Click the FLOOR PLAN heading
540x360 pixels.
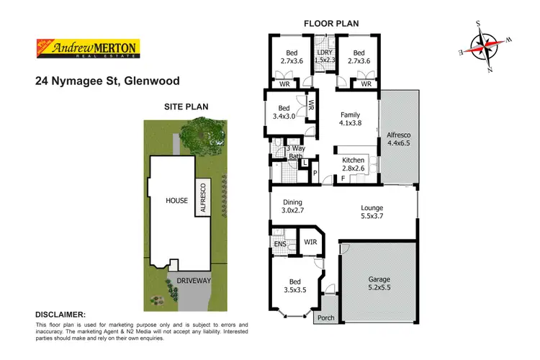[331, 24]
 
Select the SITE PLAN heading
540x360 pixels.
[186, 107]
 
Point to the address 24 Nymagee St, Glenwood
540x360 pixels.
[107, 81]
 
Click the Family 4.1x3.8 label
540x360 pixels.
[349, 119]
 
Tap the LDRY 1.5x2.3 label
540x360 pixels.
[325, 57]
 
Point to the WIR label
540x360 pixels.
[311, 242]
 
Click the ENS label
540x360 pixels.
[280, 244]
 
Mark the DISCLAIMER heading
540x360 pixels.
[60, 315]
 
